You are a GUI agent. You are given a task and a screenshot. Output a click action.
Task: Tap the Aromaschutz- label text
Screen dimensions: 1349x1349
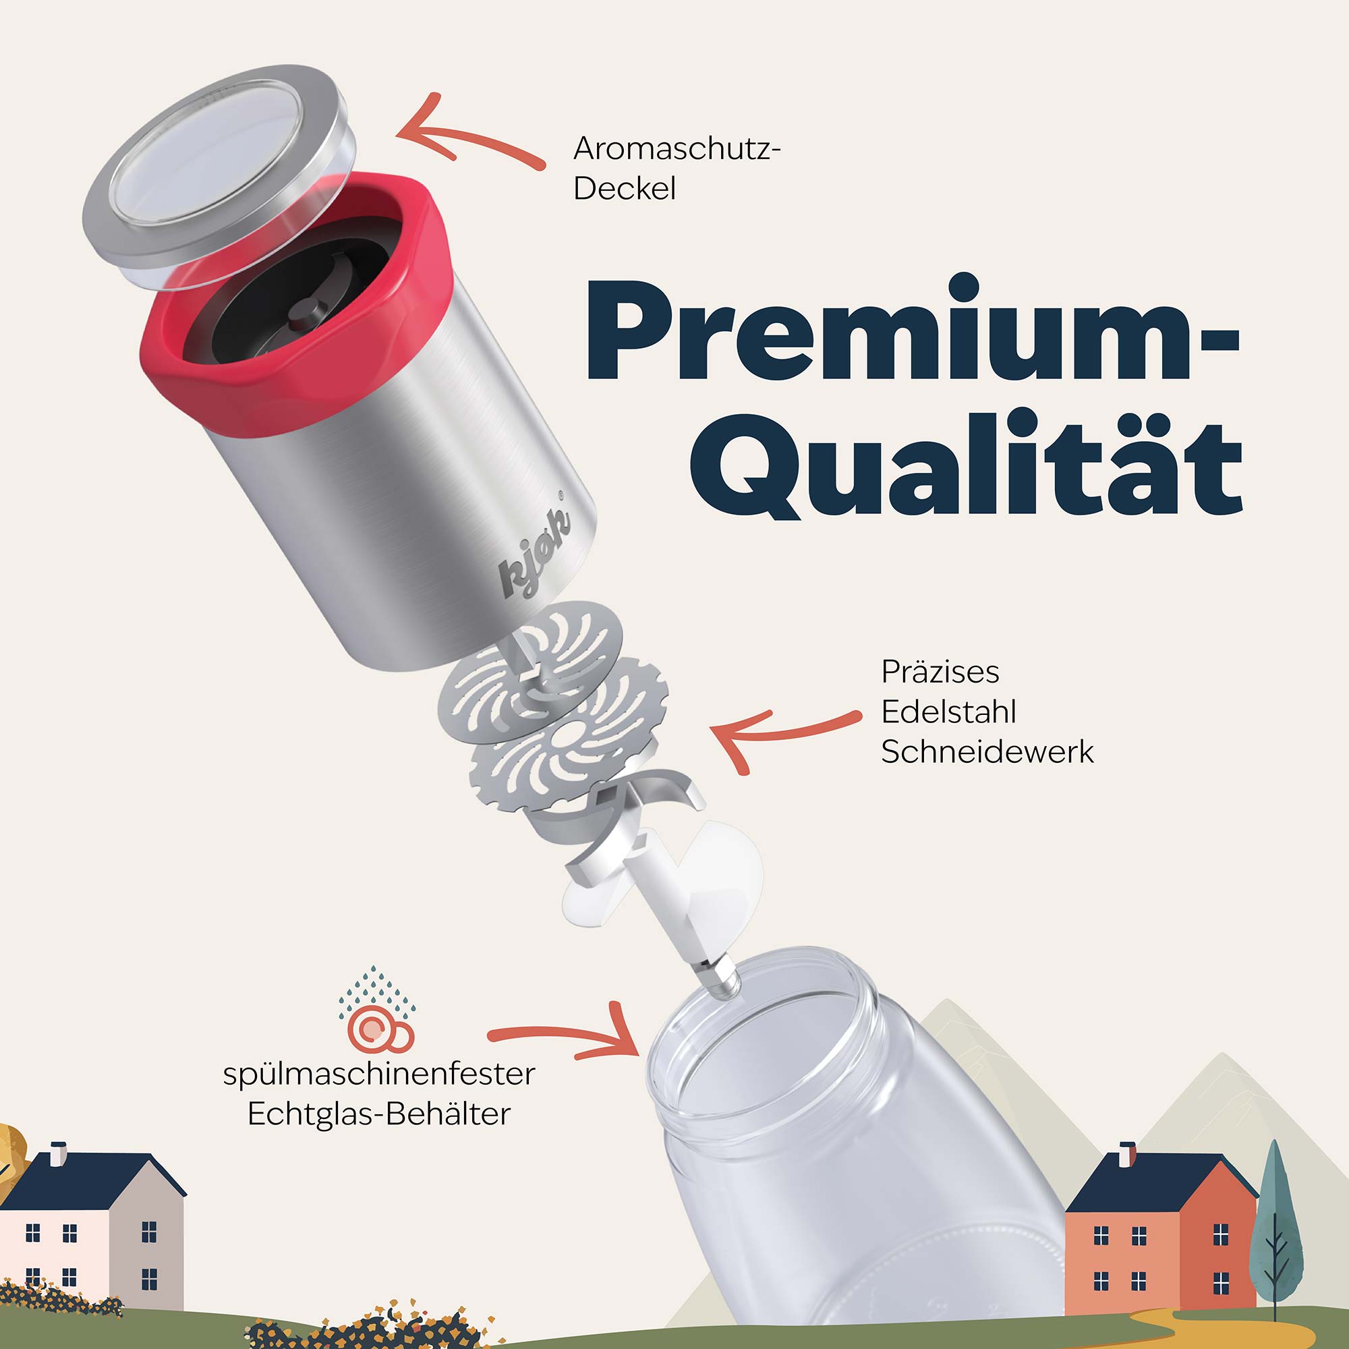point(676,148)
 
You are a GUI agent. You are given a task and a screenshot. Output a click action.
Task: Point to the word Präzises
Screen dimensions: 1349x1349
point(940,672)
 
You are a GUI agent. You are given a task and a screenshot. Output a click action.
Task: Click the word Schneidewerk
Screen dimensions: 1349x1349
point(987,752)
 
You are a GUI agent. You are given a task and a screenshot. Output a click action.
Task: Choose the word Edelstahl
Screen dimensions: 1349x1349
point(948,712)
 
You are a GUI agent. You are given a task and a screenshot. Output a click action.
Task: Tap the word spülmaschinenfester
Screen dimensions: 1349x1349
point(378,1074)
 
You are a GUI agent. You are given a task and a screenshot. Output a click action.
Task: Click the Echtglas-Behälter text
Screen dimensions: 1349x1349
point(378,1114)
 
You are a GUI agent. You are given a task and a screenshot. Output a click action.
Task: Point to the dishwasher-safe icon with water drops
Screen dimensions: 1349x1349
point(377,1010)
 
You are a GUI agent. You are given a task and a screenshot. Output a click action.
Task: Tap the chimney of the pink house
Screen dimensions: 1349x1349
point(59,1153)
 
